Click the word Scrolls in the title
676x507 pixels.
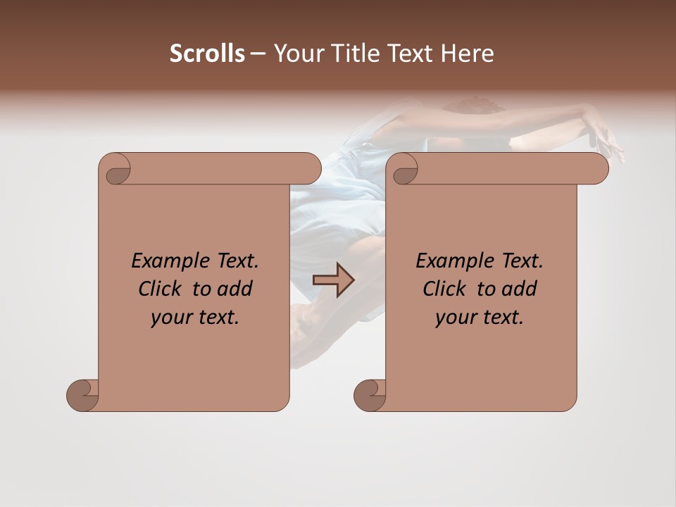(207, 54)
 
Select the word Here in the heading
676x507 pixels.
(467, 54)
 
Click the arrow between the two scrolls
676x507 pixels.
(333, 280)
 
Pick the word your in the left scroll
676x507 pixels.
(170, 318)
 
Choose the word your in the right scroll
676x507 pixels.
(455, 318)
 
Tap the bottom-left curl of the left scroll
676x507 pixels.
(82, 394)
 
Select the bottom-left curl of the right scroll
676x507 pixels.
(370, 394)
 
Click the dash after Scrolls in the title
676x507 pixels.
(258, 54)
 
